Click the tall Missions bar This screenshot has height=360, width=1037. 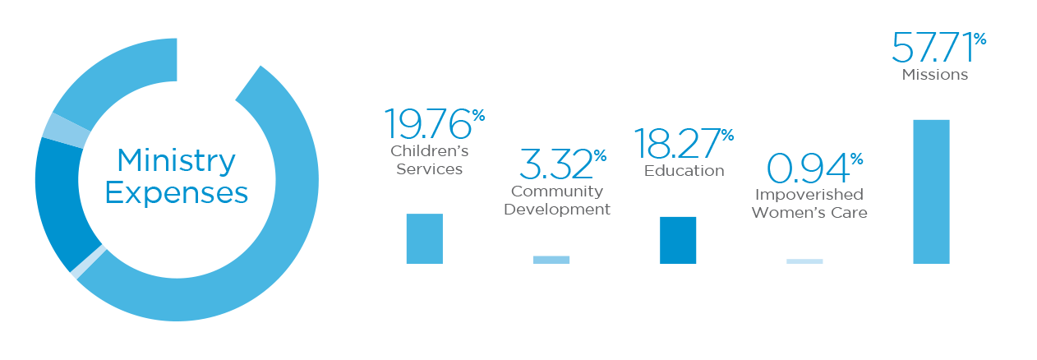click(x=931, y=192)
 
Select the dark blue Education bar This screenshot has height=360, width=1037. click(x=678, y=240)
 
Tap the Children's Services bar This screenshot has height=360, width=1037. click(x=425, y=238)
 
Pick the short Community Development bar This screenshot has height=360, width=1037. click(x=551, y=260)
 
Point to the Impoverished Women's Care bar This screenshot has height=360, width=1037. click(x=804, y=261)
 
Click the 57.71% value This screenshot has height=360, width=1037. click(x=939, y=47)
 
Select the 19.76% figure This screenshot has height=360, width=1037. click(x=435, y=124)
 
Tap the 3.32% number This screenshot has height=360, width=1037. click(x=563, y=164)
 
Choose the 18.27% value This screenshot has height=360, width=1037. click(x=684, y=144)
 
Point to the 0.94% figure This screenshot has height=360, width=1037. click(x=815, y=168)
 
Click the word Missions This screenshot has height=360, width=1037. click(x=934, y=75)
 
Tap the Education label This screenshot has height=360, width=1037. click(x=684, y=170)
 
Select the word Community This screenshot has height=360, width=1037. click(x=557, y=192)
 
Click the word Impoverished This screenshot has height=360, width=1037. click(x=809, y=194)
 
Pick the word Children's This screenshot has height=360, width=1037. click(x=430, y=150)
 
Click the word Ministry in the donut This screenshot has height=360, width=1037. click(x=177, y=162)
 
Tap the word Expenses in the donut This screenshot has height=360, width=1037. click(x=177, y=193)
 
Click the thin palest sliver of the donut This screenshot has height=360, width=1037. click(x=89, y=262)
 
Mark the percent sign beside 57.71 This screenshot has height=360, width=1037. click(x=979, y=39)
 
